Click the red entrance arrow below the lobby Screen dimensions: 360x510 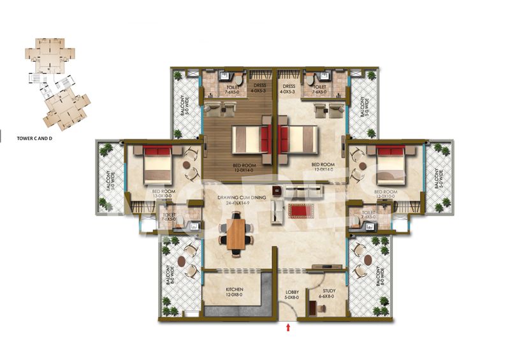289,328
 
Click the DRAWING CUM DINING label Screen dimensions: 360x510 242,199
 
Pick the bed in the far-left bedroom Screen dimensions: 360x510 157,164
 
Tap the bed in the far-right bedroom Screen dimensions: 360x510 390,164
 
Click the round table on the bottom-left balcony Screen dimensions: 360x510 182,261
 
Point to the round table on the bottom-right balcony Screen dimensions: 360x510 368,261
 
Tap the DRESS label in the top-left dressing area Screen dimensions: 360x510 258,84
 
